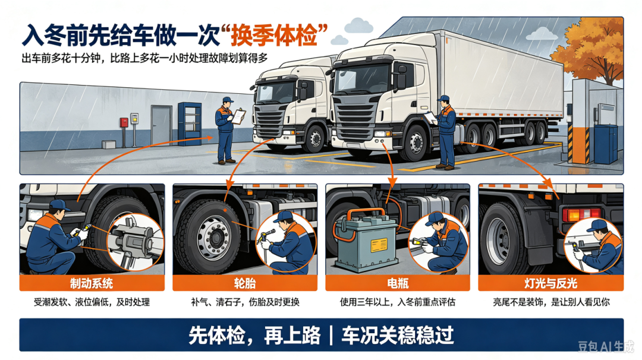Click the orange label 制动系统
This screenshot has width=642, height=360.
point(92,283)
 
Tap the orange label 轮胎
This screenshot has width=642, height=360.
point(244,283)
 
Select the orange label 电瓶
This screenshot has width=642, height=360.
point(398,283)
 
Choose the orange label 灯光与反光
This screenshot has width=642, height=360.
point(550,283)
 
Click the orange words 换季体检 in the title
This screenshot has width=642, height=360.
point(274,36)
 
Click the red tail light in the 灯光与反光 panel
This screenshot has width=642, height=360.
point(581,214)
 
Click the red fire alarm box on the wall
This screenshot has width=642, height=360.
point(124,122)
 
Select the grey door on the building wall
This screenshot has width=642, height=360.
point(161,125)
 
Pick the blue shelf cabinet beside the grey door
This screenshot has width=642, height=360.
point(190,124)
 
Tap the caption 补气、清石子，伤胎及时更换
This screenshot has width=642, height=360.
point(245,302)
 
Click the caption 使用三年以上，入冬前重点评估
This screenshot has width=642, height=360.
point(398,302)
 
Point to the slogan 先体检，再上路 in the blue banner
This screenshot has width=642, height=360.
point(254,335)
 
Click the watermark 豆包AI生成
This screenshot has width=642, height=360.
point(606,346)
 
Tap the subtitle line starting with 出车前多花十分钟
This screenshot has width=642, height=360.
point(145,58)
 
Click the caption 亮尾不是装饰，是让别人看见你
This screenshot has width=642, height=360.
point(551,302)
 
